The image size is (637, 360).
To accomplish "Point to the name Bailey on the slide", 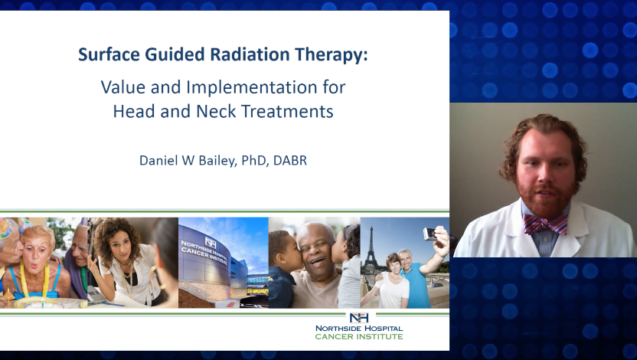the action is pos(217,161).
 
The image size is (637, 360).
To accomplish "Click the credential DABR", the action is pos(290,161).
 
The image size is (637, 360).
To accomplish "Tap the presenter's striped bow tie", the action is pos(545,224).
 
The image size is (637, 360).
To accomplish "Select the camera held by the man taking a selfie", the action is pos(429,234).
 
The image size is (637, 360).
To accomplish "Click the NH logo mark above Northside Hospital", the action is pos(359,317).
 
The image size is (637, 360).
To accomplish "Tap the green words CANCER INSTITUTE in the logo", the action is pos(359,337).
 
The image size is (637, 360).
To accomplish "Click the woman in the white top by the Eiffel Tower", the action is pos(391,281).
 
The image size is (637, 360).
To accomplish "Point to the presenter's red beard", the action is pos(547,198).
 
